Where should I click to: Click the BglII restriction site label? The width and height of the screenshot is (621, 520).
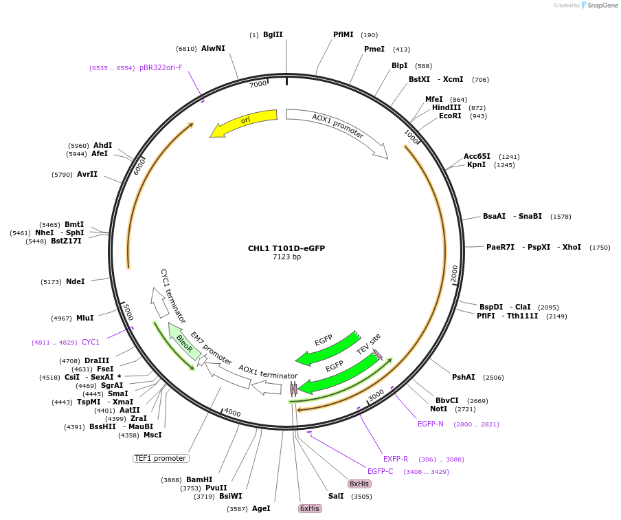tap(273, 35)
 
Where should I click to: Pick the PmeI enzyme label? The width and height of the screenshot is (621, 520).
tap(374, 50)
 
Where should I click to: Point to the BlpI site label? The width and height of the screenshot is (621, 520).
tap(400, 66)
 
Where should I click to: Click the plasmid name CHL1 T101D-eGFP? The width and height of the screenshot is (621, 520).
tap(286, 248)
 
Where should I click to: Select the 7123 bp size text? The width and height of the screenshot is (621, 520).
tap(286, 257)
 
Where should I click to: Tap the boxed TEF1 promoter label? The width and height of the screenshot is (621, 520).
tap(161, 458)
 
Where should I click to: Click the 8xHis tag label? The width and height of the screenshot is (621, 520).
tap(359, 484)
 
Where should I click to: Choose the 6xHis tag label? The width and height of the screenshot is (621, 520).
tap(309, 508)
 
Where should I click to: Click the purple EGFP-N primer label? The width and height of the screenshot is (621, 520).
tap(431, 424)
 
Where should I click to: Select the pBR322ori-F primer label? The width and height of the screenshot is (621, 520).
tap(161, 67)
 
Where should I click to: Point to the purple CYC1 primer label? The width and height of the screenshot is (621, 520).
tap(91, 342)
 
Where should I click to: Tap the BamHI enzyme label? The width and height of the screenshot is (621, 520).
tap(199, 479)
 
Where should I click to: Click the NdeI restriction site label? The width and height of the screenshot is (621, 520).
tap(76, 281)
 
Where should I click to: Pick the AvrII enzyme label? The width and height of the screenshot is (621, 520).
tap(87, 175)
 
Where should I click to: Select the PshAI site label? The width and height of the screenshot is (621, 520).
tap(464, 377)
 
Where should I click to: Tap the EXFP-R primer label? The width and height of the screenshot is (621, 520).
tap(396, 459)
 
